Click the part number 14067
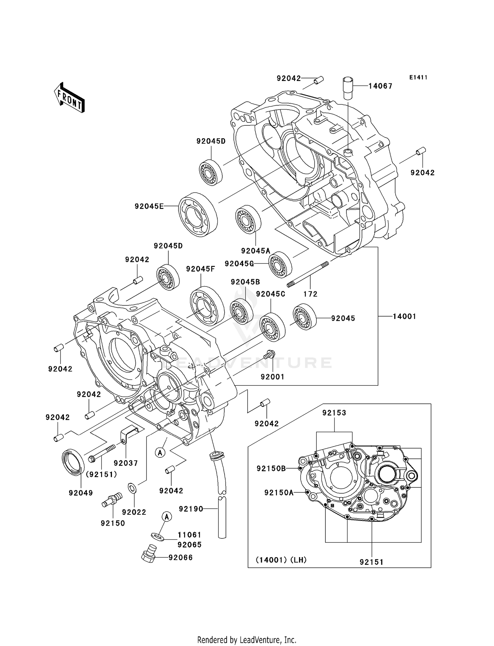pos(380,86)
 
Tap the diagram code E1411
pos(418,77)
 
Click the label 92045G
pos(239,264)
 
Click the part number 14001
pos(404,316)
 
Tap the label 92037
pos(125,463)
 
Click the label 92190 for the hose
pos(191,509)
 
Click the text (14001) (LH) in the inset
pos(281,560)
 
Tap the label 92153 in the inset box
pos(334,413)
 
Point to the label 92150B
pos(271,468)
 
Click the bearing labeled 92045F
pos(203,306)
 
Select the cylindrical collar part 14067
pos(348,88)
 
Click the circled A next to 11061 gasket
pos(167,517)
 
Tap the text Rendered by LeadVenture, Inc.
pos(247,640)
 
